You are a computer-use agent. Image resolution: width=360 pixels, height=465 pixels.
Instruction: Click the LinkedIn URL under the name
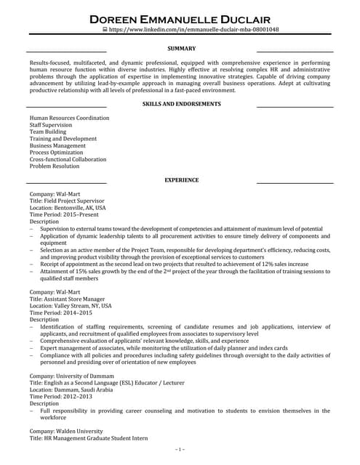coord(183,30)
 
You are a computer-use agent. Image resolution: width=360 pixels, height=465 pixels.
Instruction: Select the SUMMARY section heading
coord(181,49)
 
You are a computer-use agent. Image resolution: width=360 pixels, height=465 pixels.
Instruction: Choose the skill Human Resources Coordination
coord(68,118)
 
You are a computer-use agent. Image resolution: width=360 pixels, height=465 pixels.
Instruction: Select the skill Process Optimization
coord(57,153)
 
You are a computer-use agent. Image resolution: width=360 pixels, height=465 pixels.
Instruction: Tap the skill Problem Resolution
coord(55,166)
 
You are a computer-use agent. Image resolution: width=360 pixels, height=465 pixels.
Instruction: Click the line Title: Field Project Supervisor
coord(66,201)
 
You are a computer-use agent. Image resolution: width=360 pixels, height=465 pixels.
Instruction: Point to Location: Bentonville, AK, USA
coord(68,207)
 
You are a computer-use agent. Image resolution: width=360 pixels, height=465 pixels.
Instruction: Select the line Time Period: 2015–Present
coord(62,214)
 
